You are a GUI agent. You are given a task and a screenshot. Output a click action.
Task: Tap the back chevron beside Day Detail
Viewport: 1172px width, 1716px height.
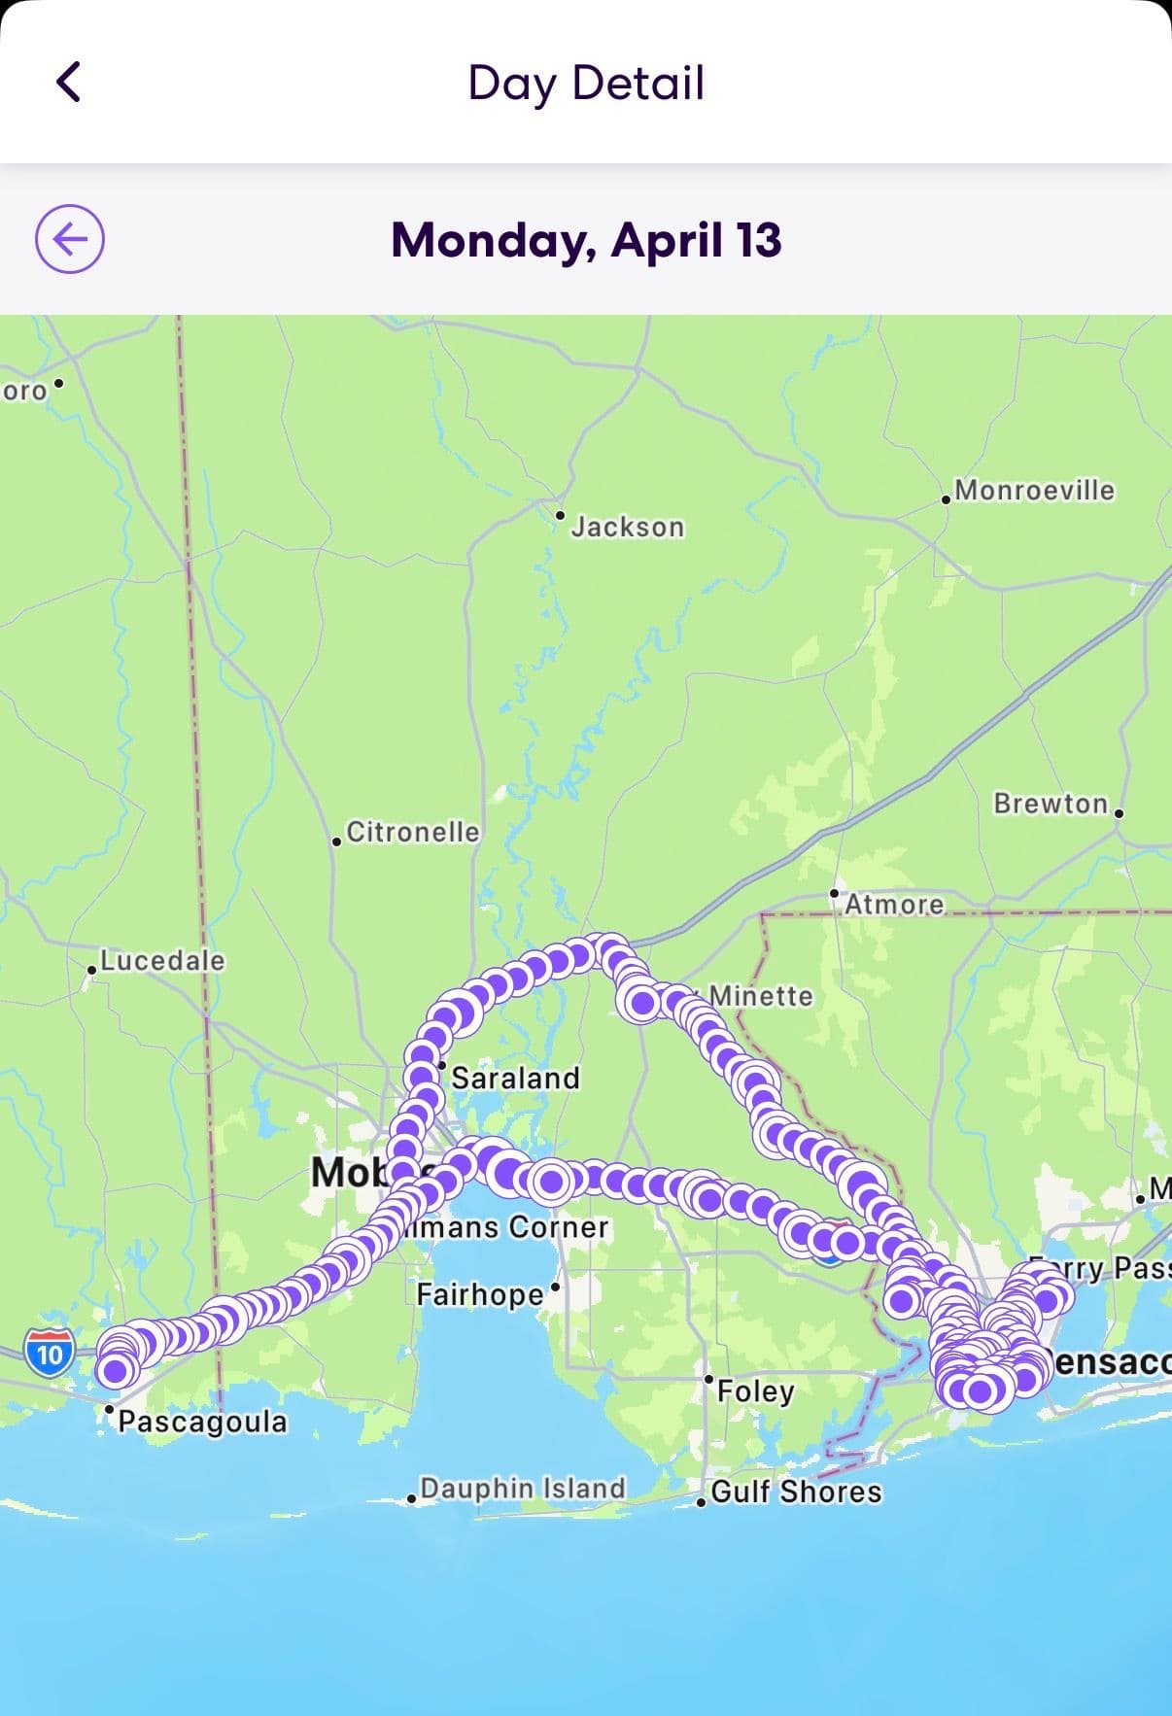[69, 82]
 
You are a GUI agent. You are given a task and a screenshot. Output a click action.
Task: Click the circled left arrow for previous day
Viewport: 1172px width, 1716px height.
[70, 239]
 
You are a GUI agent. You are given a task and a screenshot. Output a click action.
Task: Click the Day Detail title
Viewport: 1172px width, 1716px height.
[585, 83]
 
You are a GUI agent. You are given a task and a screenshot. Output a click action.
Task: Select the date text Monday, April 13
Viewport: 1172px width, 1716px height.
[585, 240]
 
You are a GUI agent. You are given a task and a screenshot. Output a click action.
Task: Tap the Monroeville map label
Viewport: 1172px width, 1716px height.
[1034, 490]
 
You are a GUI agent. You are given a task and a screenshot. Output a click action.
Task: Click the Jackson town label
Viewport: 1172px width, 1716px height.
[627, 527]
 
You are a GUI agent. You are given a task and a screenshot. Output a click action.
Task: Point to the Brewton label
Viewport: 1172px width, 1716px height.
[1051, 804]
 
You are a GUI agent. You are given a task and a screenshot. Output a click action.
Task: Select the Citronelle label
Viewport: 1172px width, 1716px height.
[413, 832]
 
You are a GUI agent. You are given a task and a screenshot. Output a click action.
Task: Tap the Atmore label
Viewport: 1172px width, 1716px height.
[894, 905]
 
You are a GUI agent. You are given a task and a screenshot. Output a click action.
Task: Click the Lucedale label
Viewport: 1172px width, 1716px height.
[162, 960]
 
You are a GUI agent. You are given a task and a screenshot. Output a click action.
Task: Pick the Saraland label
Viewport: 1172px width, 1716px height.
[515, 1078]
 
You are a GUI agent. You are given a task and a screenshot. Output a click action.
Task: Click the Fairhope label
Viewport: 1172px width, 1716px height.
[480, 1294]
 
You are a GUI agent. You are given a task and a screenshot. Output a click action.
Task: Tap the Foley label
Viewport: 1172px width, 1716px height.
[755, 1390]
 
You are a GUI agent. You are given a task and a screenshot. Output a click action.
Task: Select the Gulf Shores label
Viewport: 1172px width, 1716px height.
[796, 1492]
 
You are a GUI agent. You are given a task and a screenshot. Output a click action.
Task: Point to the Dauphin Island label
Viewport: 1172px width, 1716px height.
[522, 1489]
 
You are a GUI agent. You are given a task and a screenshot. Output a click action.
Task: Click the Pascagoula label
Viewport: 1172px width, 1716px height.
[202, 1422]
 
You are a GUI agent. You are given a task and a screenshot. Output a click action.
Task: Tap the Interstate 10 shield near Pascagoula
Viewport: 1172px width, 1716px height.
[50, 1352]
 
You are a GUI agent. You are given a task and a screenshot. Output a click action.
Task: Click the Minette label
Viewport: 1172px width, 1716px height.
[761, 996]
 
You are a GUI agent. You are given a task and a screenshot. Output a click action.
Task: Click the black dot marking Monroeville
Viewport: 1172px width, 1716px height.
[947, 499]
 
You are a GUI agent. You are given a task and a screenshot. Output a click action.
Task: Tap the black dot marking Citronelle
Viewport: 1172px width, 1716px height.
[336, 841]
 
